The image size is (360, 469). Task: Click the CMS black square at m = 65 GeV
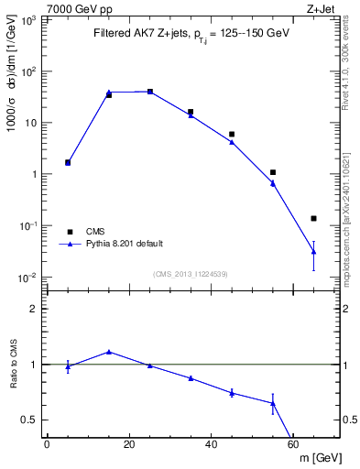[314, 218]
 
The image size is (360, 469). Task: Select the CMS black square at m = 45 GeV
[232, 134]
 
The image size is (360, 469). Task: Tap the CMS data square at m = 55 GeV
[273, 172]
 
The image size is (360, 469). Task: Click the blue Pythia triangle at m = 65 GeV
[314, 251]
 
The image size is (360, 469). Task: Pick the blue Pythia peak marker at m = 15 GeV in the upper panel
[109, 92]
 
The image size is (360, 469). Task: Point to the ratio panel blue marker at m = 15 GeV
[109, 351]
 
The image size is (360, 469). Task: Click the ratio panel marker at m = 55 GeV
[273, 403]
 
